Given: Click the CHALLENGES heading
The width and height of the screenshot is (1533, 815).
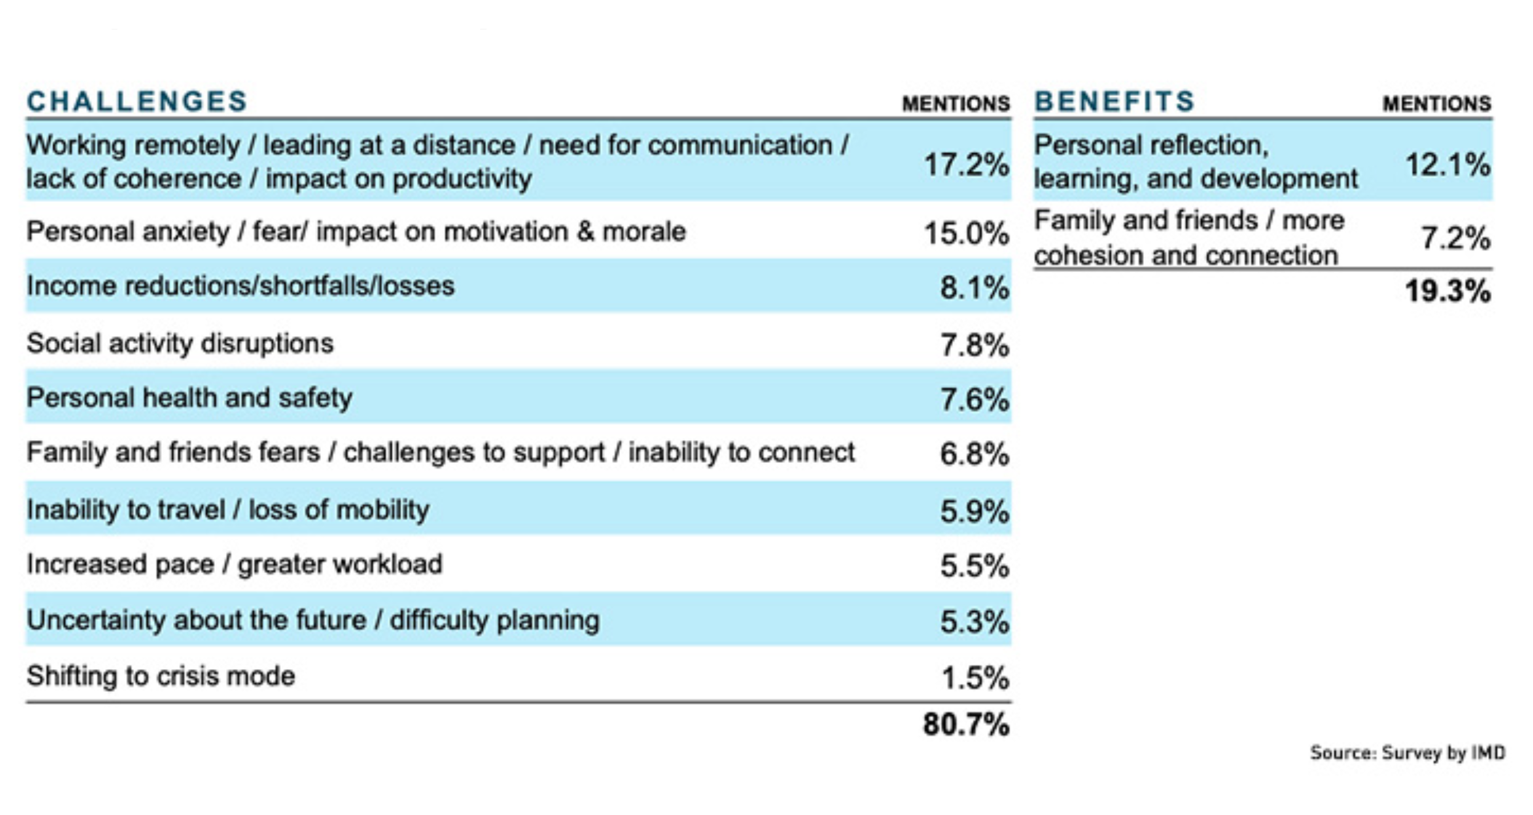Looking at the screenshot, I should tap(137, 102).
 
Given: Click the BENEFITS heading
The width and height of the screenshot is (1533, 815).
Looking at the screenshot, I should tap(1114, 102).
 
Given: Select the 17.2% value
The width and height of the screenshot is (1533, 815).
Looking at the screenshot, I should tap(966, 165).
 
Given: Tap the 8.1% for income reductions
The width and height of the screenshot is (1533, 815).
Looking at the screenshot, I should tap(974, 288).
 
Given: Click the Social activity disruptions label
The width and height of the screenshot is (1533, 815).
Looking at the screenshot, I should tap(180, 343).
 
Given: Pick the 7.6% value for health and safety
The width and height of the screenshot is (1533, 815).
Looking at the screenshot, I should tap(974, 400).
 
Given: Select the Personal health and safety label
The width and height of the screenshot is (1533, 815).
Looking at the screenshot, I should tap(189, 398).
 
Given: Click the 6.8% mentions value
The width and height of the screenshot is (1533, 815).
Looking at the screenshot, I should tap(974, 455).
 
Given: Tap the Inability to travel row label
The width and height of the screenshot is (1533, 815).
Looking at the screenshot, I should tap(228, 510).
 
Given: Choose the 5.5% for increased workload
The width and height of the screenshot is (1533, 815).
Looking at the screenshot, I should tap(974, 566).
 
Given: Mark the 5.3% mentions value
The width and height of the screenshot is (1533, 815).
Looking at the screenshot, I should tap(974, 622).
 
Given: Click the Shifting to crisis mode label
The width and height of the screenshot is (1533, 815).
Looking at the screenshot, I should tap(161, 676).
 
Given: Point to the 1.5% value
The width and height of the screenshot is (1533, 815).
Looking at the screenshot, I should tap(975, 678).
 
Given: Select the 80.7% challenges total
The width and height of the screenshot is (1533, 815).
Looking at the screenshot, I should tap(966, 725).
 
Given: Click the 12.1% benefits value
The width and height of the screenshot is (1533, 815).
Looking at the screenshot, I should tap(1447, 165).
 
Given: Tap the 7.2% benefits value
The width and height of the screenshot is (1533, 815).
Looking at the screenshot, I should tap(1455, 238).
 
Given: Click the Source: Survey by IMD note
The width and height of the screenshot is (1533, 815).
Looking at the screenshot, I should tap(1407, 752).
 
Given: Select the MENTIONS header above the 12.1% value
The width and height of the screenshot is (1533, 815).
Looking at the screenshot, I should tap(1436, 103).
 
